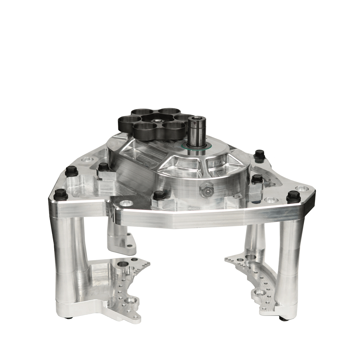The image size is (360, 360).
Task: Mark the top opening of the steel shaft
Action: pos(196,118)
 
